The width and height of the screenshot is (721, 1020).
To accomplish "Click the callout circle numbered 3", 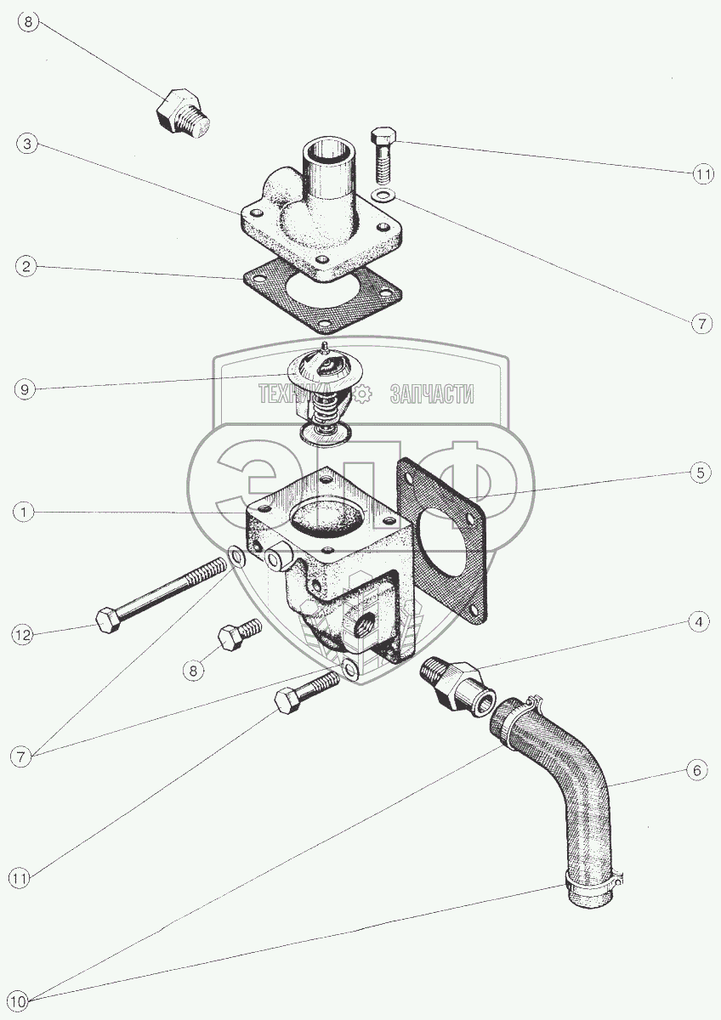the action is pos(28,144).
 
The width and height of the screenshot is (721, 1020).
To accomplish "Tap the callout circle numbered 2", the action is pos(26,266).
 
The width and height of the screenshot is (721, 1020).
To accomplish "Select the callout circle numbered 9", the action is pos(25,390).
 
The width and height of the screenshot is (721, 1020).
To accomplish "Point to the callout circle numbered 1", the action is pos(24,513).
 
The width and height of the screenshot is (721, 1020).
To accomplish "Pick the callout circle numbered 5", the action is pos(700,473).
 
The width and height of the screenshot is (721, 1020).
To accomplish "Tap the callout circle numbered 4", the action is pos(699,622).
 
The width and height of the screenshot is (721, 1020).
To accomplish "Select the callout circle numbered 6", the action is pos(697,771).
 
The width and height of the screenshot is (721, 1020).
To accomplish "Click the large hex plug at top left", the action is pos(183,112).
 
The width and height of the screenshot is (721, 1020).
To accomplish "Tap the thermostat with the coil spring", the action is pos(322,394).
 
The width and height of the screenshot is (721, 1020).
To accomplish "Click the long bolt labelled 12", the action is pos(162,597).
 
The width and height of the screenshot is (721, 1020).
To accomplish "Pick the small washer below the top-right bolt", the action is pos(383,196).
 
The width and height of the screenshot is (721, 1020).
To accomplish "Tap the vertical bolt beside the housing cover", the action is pos(383,156).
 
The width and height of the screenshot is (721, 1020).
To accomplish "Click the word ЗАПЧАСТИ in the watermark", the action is pos(432,394).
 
